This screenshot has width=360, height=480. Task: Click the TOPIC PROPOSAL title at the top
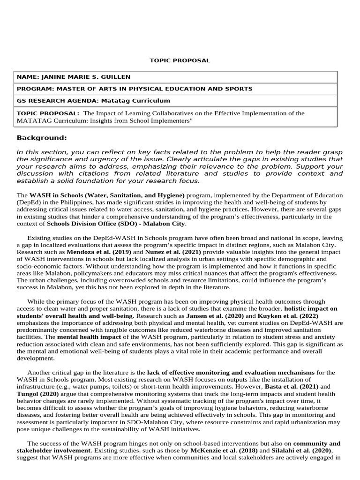(x=180, y=60)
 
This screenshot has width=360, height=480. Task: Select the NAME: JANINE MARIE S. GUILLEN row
(x=74, y=77)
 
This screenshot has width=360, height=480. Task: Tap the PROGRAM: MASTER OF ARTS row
(x=135, y=89)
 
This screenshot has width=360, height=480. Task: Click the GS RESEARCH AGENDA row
(x=93, y=101)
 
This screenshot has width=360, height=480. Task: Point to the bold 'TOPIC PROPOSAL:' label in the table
(x=48, y=113)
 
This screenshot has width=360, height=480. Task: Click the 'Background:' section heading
(x=42, y=138)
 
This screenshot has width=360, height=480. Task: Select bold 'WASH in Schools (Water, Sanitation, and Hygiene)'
(x=107, y=195)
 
